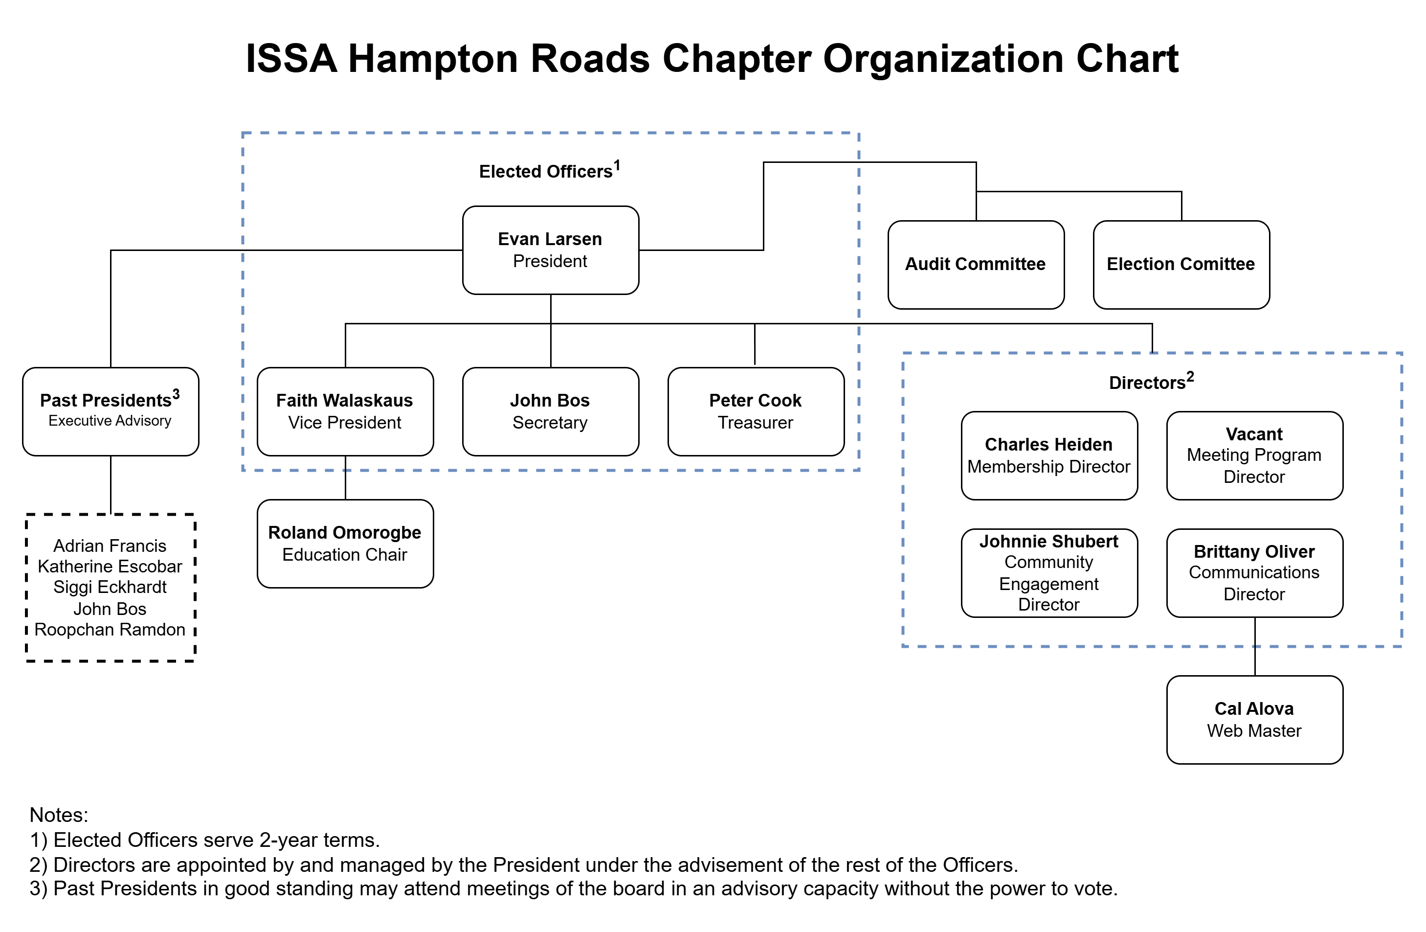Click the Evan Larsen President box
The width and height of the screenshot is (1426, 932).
tap(550, 250)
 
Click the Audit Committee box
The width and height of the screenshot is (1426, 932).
tap(976, 264)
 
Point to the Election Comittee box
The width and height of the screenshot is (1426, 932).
tap(1181, 264)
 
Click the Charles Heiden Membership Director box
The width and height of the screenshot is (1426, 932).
tap(1048, 455)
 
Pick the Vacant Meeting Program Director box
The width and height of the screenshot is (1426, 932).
tap(1254, 455)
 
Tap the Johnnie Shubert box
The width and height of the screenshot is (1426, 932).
tap(1048, 572)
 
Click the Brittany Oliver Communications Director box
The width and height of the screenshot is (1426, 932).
tap(1254, 572)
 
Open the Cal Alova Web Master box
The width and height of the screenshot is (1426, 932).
tap(1254, 719)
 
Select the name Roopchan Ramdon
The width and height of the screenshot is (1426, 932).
tap(110, 629)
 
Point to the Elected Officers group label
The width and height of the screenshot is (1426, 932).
tap(546, 171)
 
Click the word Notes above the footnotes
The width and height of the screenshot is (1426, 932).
tap(59, 815)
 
